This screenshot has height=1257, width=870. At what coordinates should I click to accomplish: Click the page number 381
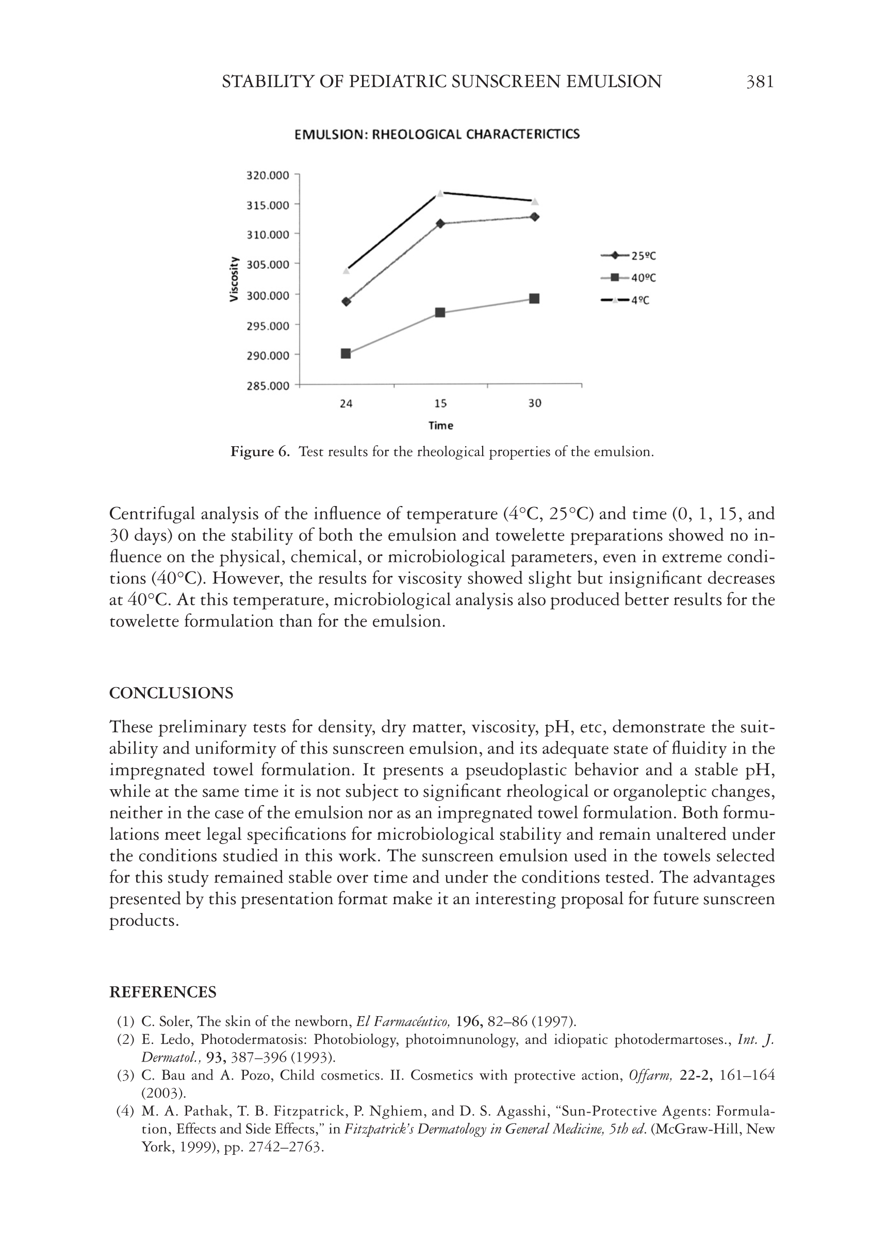[759, 82]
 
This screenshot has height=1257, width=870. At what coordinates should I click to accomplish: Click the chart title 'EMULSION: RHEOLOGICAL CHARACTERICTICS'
[437, 134]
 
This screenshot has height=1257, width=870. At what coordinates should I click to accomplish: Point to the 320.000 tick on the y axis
[268, 175]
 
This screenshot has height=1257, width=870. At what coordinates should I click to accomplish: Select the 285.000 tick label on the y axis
[268, 386]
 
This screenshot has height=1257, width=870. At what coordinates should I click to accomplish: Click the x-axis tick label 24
[346, 403]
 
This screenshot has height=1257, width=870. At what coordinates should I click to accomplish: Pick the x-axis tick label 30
[535, 403]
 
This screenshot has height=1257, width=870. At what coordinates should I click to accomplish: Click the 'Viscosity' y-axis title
[234, 279]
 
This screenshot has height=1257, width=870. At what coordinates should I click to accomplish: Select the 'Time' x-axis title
[440, 426]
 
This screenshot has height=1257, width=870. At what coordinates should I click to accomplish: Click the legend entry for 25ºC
[629, 255]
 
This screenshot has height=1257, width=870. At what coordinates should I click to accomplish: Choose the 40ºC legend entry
[629, 278]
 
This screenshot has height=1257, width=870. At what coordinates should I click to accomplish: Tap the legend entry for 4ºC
[626, 300]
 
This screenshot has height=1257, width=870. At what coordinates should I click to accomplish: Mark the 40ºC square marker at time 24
[346, 354]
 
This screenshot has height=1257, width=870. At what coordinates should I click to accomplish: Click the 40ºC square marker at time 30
[535, 298]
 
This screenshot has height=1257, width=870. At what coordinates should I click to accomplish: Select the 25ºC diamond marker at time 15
[440, 223]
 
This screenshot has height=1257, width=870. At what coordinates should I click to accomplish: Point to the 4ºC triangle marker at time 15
[440, 193]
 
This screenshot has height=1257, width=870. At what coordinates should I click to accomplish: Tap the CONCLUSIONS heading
[171, 693]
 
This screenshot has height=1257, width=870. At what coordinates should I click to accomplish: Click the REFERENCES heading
[162, 991]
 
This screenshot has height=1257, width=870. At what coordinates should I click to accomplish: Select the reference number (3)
[126, 1075]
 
